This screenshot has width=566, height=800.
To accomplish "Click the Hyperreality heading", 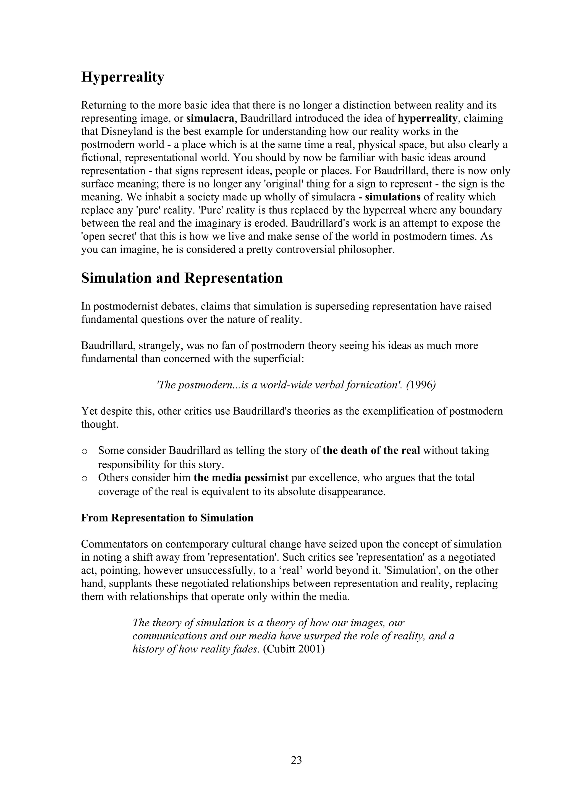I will tap(122, 77).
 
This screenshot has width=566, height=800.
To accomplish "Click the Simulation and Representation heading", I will tap(182, 278).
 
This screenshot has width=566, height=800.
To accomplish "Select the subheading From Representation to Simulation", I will tap(167, 518).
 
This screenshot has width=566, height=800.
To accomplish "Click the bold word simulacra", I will tap(210, 118).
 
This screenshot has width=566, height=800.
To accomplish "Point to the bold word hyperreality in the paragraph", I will tap(428, 118).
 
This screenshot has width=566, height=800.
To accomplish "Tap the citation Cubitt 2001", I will tap(294, 650).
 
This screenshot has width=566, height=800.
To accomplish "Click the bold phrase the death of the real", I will tap(371, 451).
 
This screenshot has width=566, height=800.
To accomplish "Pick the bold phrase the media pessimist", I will tap(241, 477).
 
